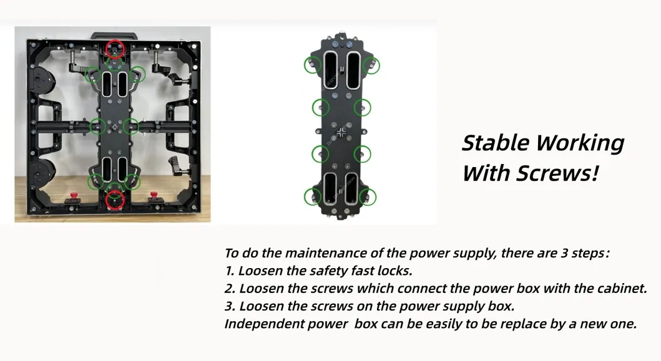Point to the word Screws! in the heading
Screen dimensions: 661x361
(557, 173)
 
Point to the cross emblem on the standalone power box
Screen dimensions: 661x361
(341, 132)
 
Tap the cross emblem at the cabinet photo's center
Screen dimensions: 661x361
(114, 126)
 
